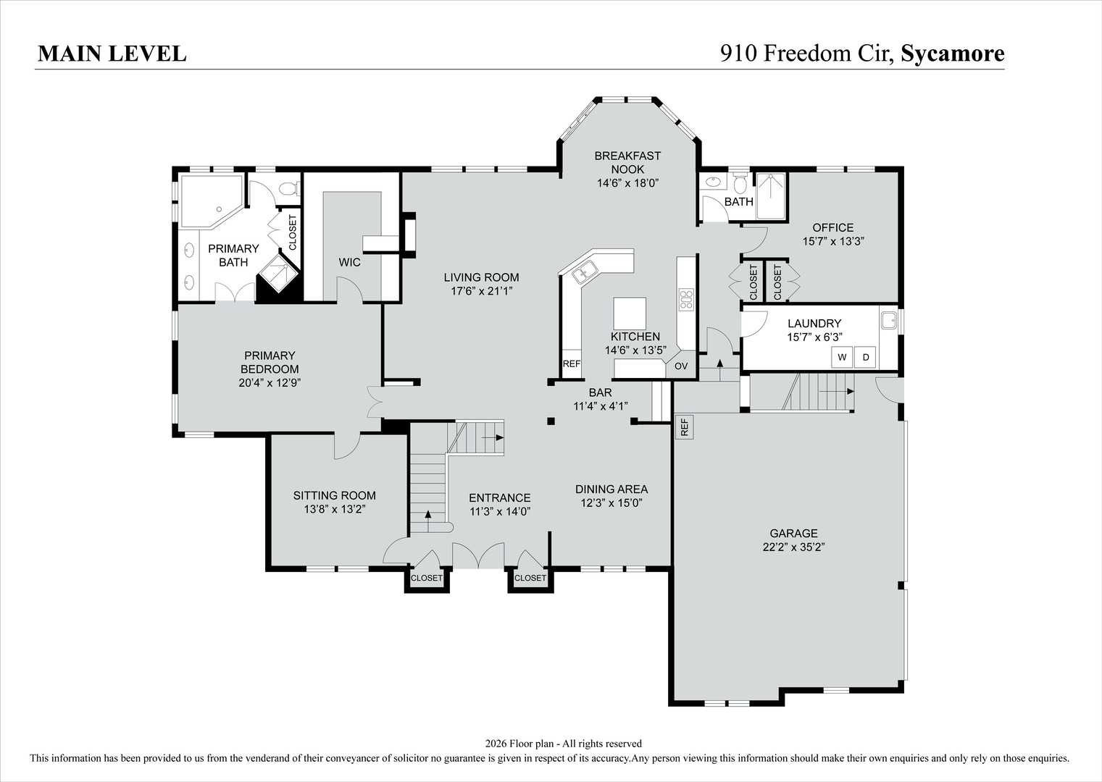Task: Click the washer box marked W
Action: [841, 357]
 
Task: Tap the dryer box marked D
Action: [865, 357]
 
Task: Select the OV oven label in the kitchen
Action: [681, 366]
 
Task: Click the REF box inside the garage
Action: [684, 427]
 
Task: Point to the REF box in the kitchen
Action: [572, 363]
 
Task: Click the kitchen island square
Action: [629, 314]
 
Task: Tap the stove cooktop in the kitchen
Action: [685, 300]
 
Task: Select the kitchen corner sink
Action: [583, 273]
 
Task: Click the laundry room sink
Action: [888, 320]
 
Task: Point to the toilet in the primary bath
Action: [288, 190]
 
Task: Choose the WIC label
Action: [349, 262]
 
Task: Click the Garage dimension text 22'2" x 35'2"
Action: [794, 547]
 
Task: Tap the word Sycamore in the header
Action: [952, 54]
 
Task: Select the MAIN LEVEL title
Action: [112, 54]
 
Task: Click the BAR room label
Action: [600, 392]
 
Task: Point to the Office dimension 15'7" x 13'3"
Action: [832, 241]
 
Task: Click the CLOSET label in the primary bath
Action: [293, 233]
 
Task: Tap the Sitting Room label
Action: [334, 495]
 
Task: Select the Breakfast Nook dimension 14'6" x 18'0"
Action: [627, 183]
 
